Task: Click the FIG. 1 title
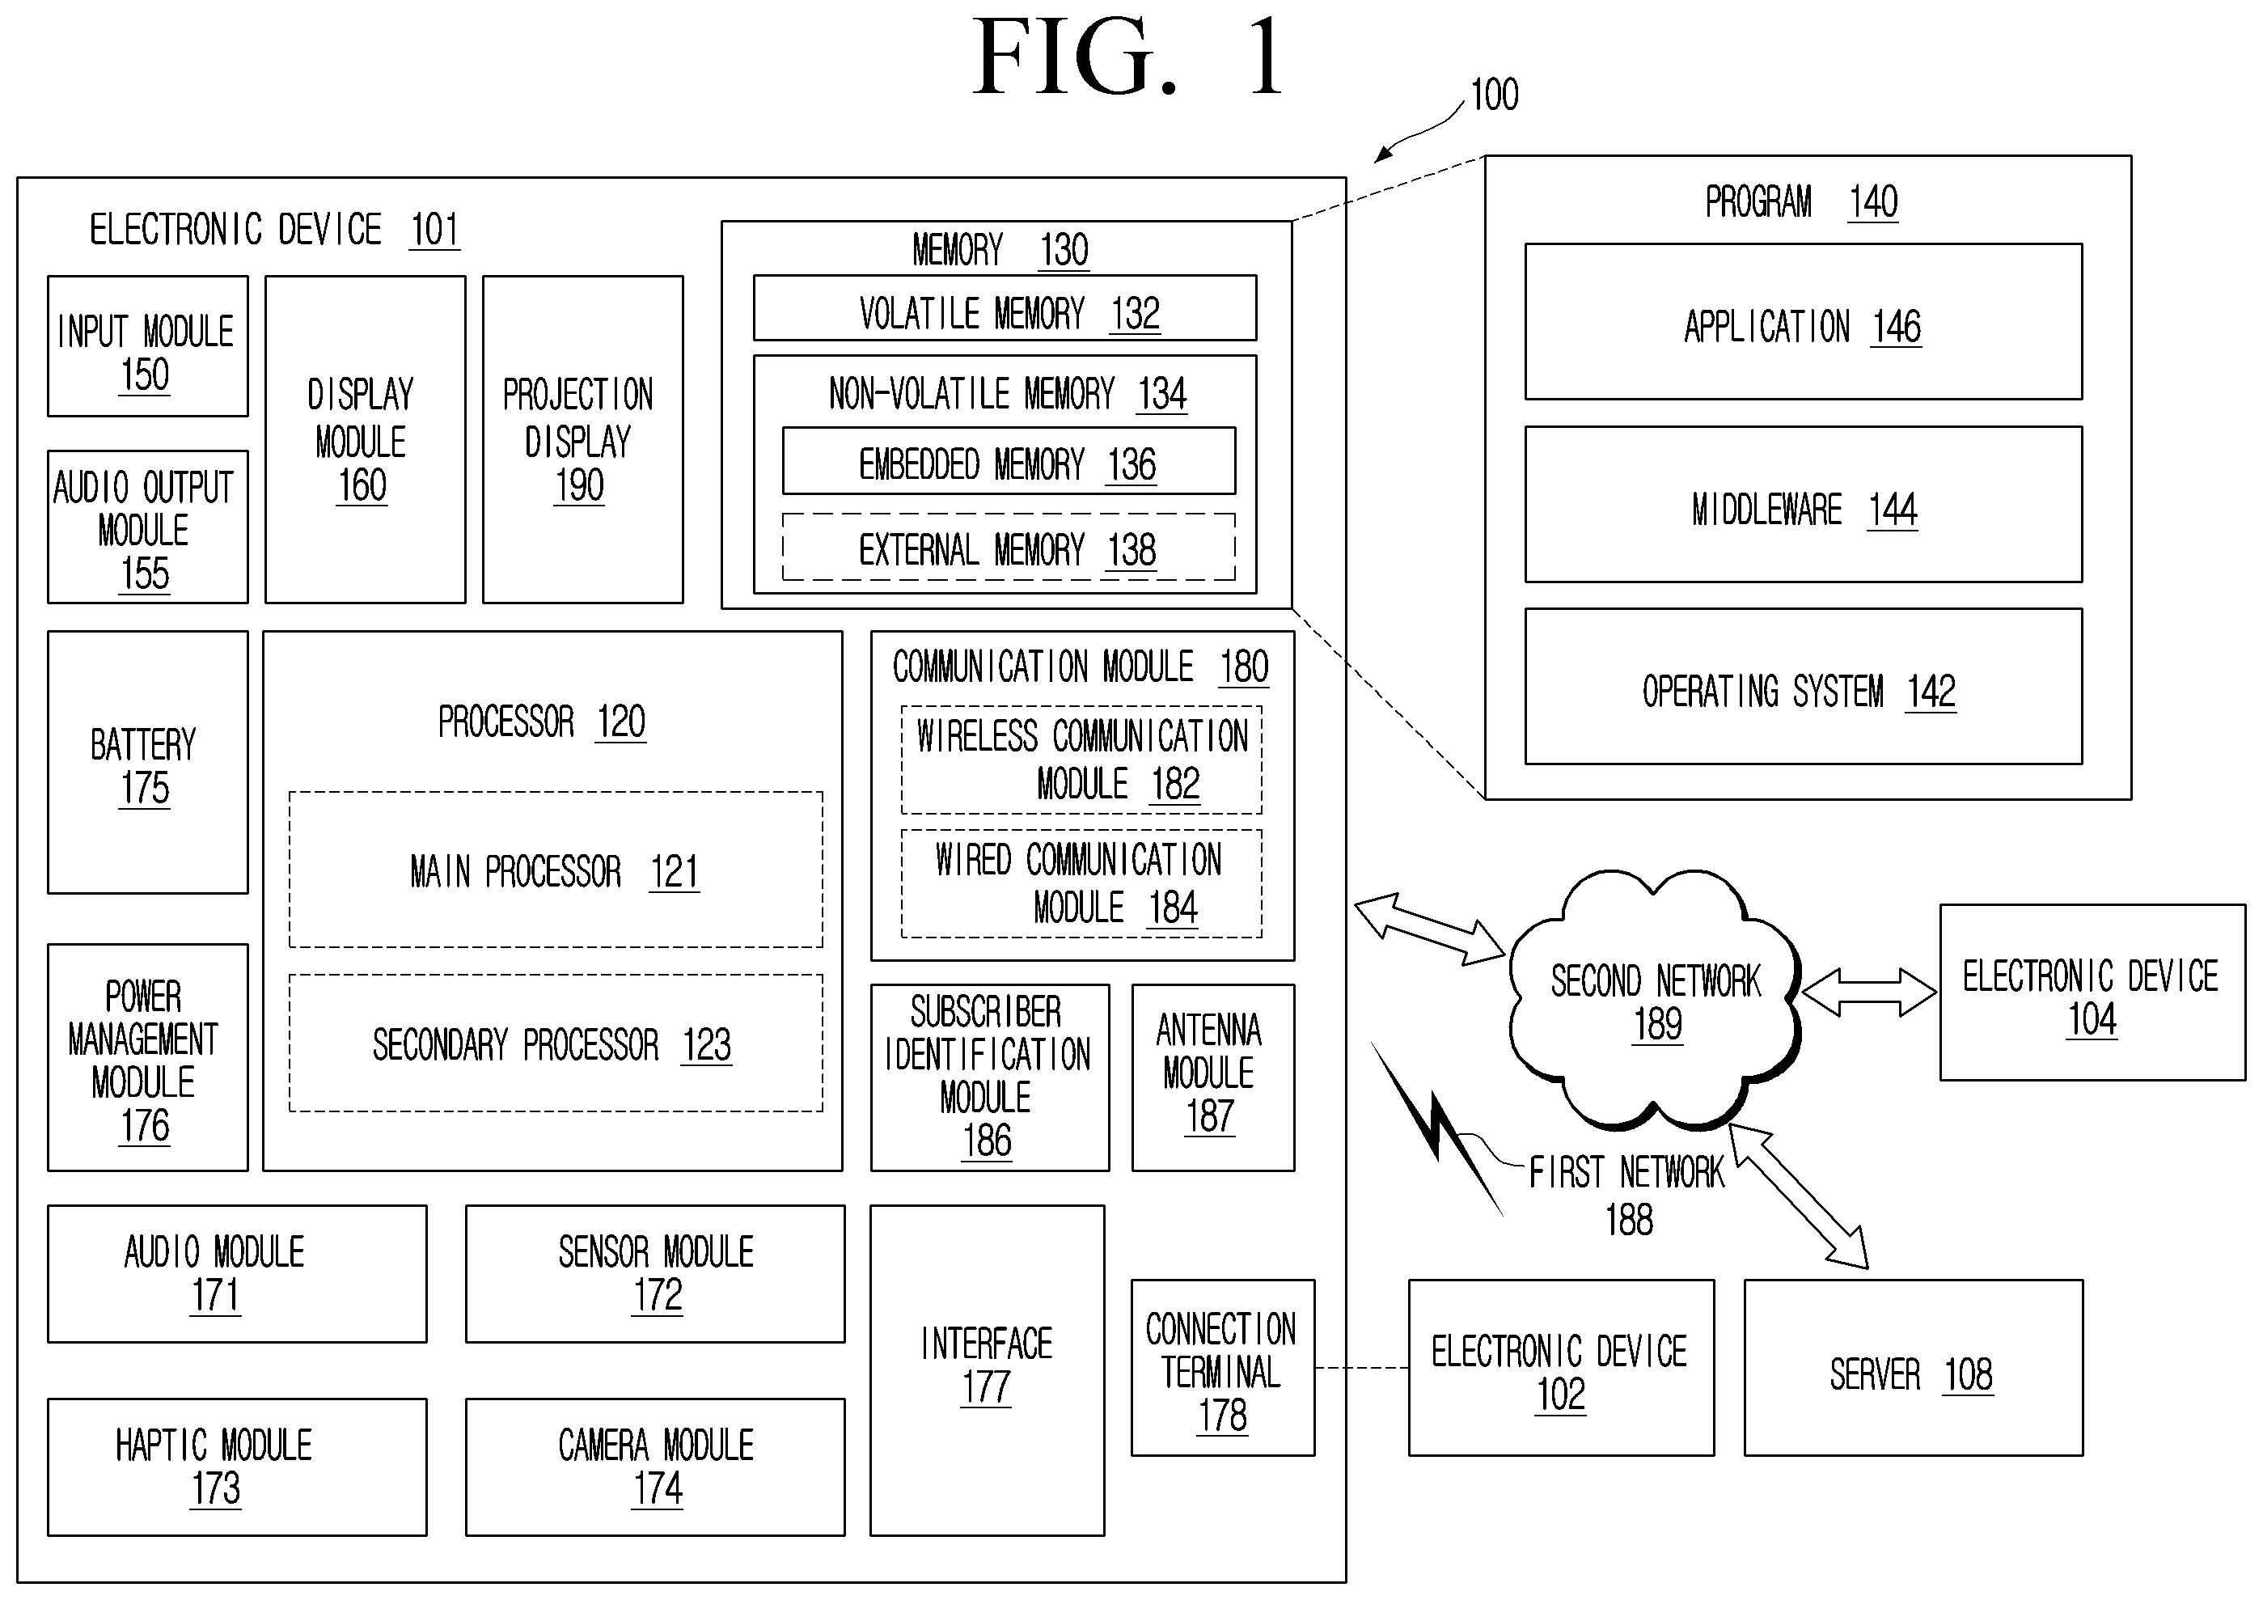1128,57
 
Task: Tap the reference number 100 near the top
1494,95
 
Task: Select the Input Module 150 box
148,346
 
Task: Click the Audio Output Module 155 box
148,527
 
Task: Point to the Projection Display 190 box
582,440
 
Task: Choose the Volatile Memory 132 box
1005,307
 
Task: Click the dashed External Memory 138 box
1009,547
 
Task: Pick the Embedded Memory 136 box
1009,460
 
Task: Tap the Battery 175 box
148,762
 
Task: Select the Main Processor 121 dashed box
556,870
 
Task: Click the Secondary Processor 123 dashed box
556,1043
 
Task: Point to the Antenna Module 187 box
1213,1077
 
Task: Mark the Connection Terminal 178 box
1223,1367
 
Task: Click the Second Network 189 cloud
1655,1000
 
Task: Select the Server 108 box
1913,1367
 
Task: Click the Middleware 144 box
1803,504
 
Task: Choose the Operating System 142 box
1803,686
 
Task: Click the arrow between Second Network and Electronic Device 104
1869,992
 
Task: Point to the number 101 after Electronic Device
434,231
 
